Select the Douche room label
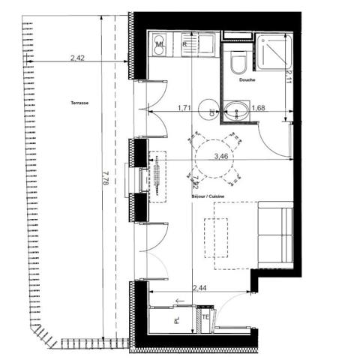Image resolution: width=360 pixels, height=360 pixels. pyautogui.click(x=248, y=79)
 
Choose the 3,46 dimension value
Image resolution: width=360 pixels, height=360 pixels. pyautogui.click(x=221, y=157)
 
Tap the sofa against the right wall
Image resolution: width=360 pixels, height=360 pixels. pyautogui.click(x=275, y=234)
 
